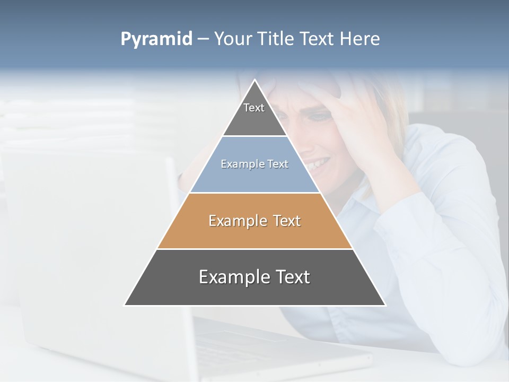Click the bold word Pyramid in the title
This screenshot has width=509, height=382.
click(156, 39)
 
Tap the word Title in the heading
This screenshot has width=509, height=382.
click(277, 39)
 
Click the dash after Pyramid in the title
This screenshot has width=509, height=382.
click(203, 39)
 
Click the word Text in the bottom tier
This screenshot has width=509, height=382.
click(293, 277)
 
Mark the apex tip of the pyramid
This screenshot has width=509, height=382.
click(254, 81)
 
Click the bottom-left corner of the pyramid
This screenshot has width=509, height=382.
click(126, 305)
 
